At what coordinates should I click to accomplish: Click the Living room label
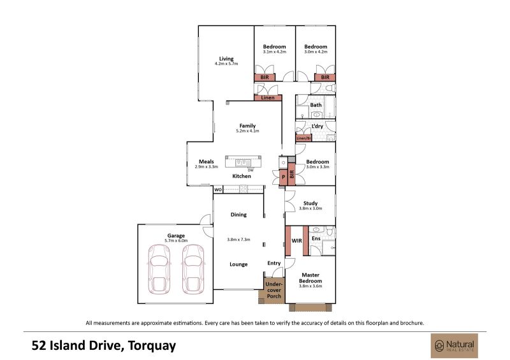point(226,59)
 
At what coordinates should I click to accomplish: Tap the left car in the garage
point(159,270)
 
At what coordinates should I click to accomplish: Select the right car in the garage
point(193,270)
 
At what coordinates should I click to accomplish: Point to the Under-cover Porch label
point(274,290)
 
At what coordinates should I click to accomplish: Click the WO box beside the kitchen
point(218,190)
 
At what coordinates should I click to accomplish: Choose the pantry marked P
point(283,177)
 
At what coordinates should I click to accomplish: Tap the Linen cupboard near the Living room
point(268,97)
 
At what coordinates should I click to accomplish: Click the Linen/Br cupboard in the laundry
point(304,138)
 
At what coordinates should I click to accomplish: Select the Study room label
point(310,203)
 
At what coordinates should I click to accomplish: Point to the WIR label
point(296,241)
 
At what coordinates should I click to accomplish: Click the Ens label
point(316,238)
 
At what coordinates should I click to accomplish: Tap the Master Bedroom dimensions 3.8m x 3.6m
point(310,286)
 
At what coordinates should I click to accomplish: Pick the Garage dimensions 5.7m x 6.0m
point(176,241)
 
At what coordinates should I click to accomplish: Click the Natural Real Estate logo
point(455,346)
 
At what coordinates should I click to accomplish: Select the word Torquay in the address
point(152,346)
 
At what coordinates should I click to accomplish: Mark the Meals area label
point(206,162)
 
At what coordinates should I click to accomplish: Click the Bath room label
point(316,105)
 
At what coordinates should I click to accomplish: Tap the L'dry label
point(317,126)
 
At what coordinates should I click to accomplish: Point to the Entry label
point(274,263)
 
